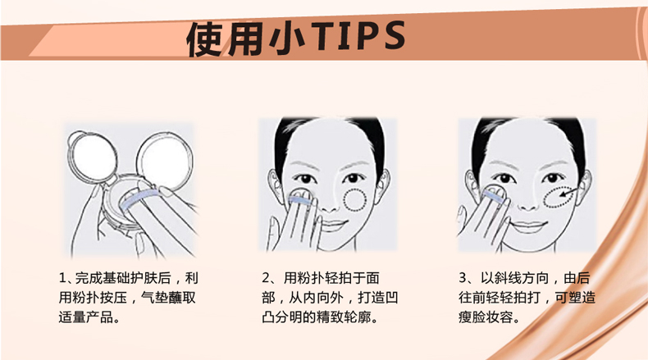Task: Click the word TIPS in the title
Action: pos(358,35)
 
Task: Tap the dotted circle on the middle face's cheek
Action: pos(355,200)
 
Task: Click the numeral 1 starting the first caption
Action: pos(62,278)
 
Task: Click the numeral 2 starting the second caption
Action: pos(266,278)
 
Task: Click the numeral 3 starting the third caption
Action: pos(463,278)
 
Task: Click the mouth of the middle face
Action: pos(333,226)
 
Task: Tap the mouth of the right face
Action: pos(528,226)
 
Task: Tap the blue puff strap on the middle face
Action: pos(301,201)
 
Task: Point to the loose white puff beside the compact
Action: pos(92,158)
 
